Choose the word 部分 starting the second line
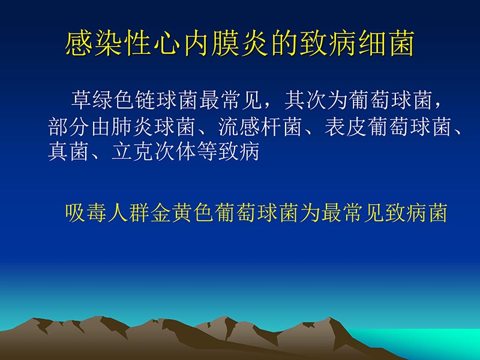coord(69,127)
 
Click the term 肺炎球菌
coord(155,127)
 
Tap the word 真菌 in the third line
coord(69,152)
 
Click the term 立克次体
coord(155,152)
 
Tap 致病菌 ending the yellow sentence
coord(415,213)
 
